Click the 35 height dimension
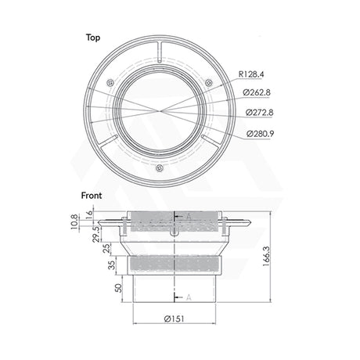pyautogui.click(x=111, y=264)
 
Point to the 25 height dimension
pyautogui.click(x=111, y=248)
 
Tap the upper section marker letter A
pyautogui.click(x=189, y=217)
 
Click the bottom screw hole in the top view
pyautogui.click(x=159, y=167)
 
